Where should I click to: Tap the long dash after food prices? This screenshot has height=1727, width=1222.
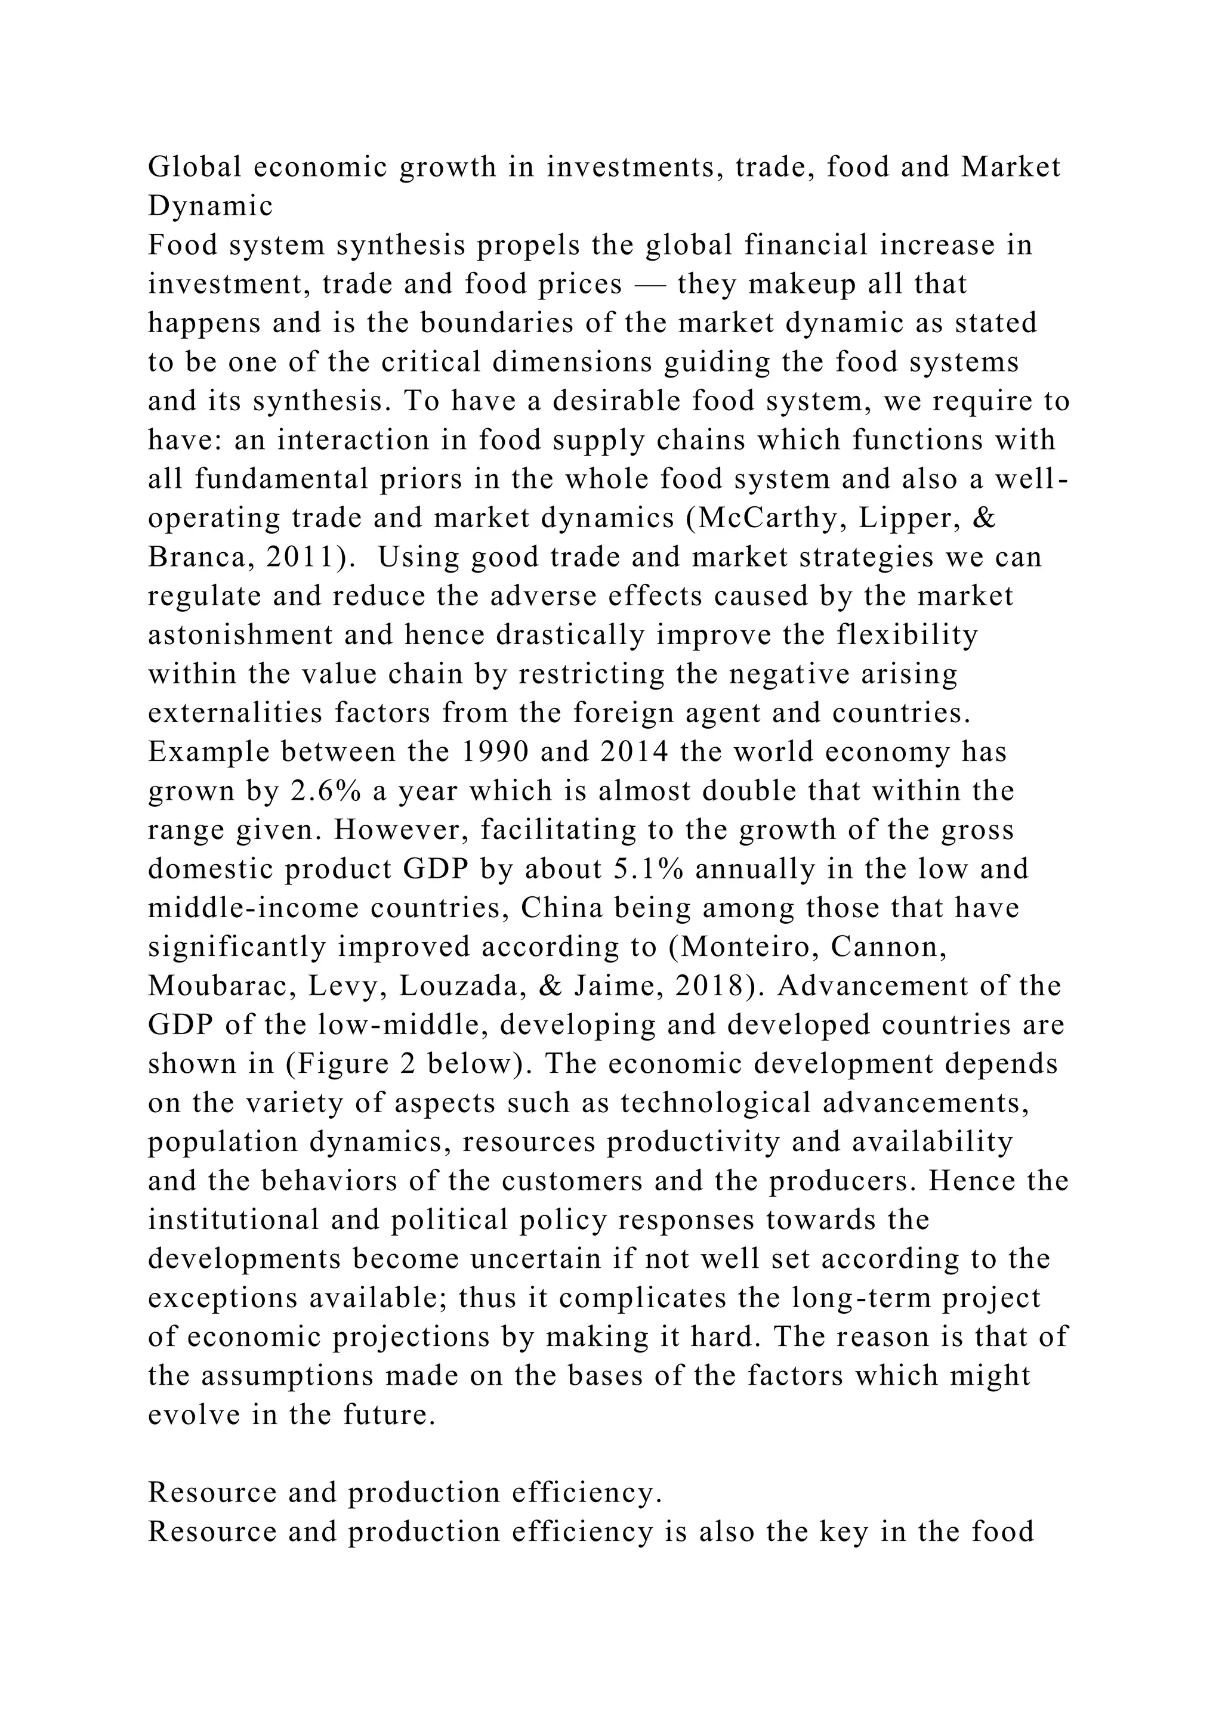tap(649, 284)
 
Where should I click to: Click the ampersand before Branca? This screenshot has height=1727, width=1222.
tap(983, 518)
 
